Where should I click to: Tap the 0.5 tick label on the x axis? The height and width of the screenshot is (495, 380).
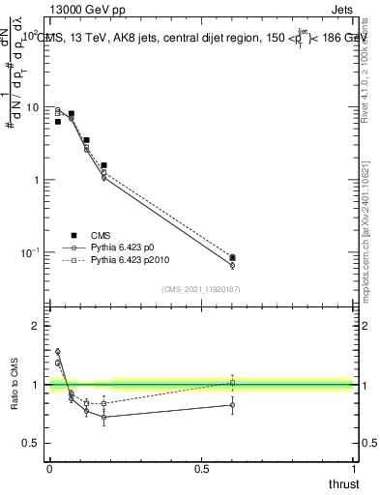click(x=201, y=469)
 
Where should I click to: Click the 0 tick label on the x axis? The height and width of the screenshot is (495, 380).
click(x=48, y=469)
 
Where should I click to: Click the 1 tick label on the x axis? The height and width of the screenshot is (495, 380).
click(x=353, y=469)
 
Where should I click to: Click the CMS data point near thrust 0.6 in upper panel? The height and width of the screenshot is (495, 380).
click(x=232, y=258)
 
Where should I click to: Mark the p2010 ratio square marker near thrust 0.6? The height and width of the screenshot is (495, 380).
click(x=232, y=383)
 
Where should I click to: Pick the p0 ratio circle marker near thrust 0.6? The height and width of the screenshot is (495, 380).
click(x=232, y=405)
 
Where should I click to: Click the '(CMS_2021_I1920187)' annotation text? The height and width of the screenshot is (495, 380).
click(x=200, y=289)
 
